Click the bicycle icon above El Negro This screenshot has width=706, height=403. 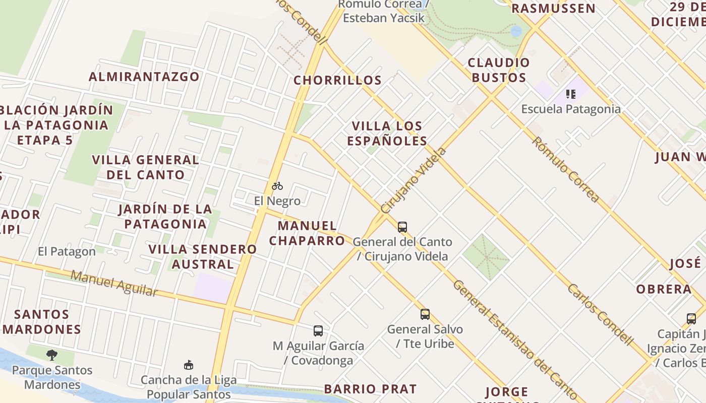click(x=277, y=186)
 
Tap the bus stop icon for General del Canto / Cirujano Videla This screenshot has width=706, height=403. click(x=402, y=227)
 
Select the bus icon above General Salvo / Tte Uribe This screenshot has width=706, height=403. click(x=425, y=314)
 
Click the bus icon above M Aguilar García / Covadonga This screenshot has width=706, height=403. click(x=318, y=331)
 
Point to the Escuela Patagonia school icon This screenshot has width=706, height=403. click(x=571, y=94)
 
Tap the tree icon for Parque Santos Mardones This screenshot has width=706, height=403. click(x=51, y=355)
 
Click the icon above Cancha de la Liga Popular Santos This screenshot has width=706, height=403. click(x=189, y=365)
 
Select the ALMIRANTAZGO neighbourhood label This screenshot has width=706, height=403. click(x=144, y=77)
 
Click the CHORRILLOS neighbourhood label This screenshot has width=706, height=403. click(x=337, y=80)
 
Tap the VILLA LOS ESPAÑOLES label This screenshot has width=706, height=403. click(x=387, y=133)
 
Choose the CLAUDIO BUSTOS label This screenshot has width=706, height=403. click(x=499, y=70)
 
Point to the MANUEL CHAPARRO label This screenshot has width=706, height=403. click(x=307, y=233)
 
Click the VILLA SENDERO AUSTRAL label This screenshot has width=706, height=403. click(x=202, y=256)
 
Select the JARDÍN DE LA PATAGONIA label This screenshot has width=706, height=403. click(x=165, y=216)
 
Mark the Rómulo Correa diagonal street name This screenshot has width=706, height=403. click(x=566, y=170)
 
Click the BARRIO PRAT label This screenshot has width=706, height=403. click(x=370, y=389)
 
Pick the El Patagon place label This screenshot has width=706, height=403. click(x=67, y=251)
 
